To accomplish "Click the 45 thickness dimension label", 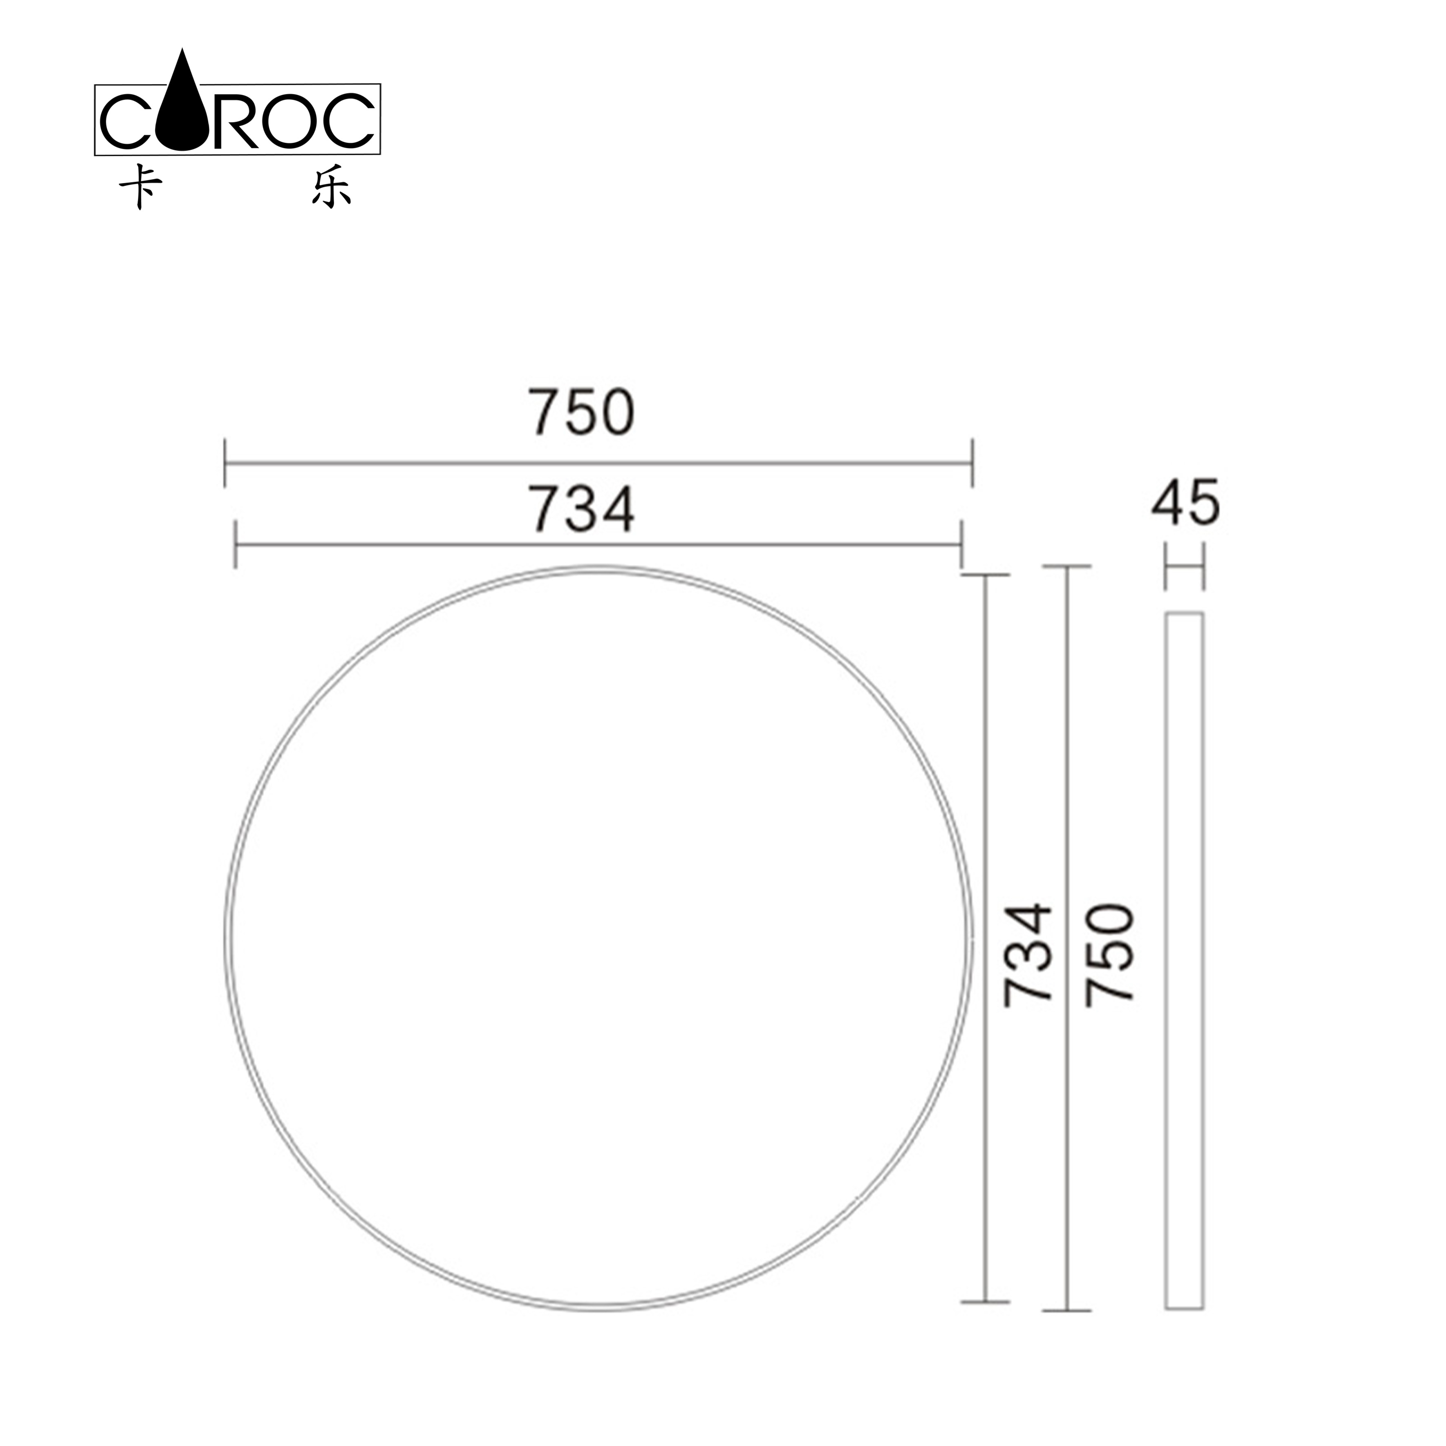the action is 1186,502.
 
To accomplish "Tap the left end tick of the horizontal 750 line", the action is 225,464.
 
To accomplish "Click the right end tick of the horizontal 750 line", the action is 972,464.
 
